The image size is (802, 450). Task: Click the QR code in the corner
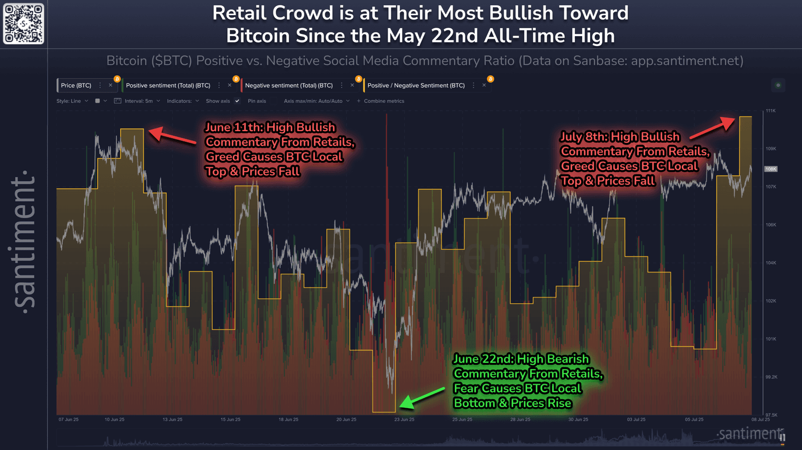[x=23, y=24]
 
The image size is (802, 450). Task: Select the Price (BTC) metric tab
[x=76, y=85]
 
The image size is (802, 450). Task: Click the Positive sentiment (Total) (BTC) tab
[x=168, y=85]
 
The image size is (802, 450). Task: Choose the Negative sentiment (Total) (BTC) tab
[x=289, y=85]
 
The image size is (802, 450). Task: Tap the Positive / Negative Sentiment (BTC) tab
[x=416, y=85]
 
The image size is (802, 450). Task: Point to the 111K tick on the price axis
[x=771, y=111]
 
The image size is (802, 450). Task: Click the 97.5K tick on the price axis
[x=771, y=415]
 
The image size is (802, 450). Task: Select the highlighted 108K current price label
[x=771, y=169]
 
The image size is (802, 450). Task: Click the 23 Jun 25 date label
[x=404, y=420]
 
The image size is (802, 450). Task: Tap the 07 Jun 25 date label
[x=68, y=420]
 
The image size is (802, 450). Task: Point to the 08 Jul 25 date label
[x=760, y=420]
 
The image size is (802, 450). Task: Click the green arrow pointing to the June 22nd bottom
[x=422, y=398]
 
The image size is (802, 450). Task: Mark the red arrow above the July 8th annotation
[x=712, y=129]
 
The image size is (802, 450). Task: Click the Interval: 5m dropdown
[x=137, y=101]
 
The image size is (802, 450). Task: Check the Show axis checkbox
[x=237, y=101]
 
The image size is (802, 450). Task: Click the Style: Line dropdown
[x=72, y=101]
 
